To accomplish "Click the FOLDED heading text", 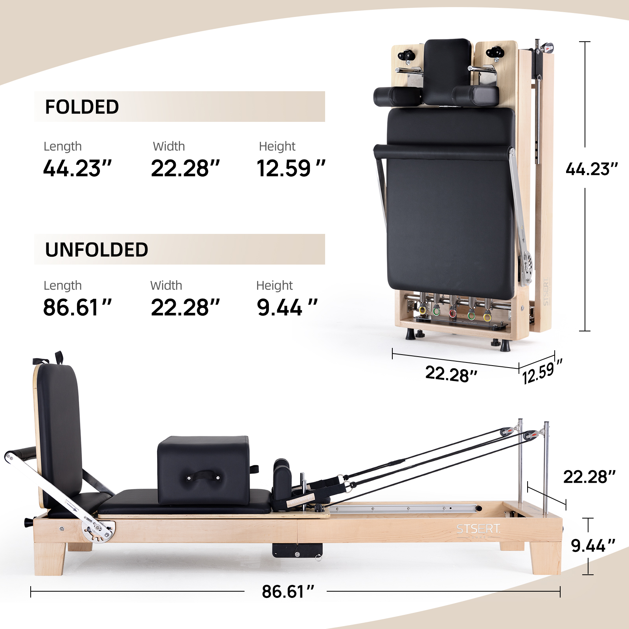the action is [x=82, y=107].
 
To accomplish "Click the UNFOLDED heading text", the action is [x=96, y=250].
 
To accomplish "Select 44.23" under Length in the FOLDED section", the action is [x=77, y=168].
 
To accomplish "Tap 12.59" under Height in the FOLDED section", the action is [x=291, y=168].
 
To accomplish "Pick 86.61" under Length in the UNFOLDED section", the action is [x=77, y=307].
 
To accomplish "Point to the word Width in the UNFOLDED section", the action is [x=166, y=285].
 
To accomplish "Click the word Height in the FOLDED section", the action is [x=277, y=147].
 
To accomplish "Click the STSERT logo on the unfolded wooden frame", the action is [x=478, y=529].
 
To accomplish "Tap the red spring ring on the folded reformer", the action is [x=452, y=313].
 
